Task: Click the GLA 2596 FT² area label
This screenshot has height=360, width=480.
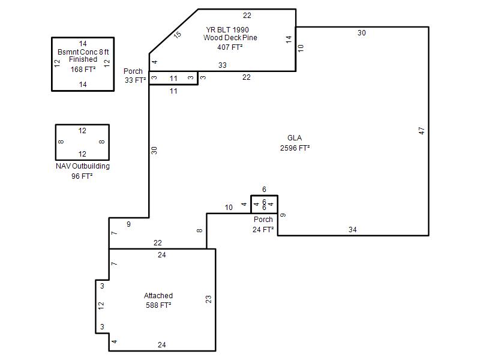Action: point(295,143)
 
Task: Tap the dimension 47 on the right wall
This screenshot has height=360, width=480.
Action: point(422,131)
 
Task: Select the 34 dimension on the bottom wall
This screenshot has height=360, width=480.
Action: point(352,230)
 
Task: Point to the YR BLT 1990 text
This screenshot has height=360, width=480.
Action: point(227,29)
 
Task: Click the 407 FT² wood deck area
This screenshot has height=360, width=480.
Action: point(230,47)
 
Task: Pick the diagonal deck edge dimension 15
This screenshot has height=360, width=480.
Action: point(177,35)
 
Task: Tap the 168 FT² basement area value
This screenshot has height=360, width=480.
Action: point(83,70)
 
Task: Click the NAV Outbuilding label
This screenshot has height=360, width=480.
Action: point(83,166)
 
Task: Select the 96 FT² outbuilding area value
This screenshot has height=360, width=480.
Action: point(82,176)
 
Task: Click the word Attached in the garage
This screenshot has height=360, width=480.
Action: point(158,296)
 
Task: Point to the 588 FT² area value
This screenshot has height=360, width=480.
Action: point(158,305)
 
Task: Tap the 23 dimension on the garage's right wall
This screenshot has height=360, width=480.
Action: point(208,299)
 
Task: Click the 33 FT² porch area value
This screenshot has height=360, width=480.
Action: point(135,80)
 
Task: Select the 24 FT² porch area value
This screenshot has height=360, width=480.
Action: point(263,230)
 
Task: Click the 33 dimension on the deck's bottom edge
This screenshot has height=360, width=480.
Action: point(223,65)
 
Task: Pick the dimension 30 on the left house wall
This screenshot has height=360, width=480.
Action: point(154,151)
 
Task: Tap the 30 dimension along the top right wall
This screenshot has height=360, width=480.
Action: point(362,33)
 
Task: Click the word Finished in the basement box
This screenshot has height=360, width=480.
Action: point(83,59)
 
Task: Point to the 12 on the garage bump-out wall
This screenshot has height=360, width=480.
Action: point(101,305)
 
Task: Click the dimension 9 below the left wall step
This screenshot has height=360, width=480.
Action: point(128,224)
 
